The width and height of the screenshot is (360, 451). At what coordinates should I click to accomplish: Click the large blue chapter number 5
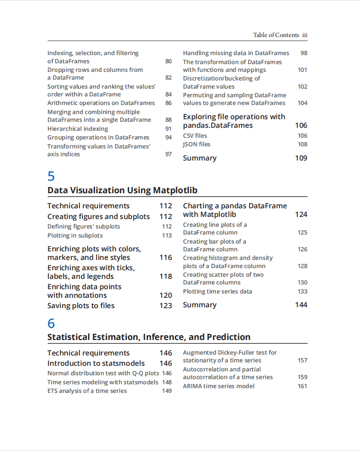(x=51, y=176)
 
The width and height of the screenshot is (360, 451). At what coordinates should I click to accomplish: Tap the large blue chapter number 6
(x=51, y=323)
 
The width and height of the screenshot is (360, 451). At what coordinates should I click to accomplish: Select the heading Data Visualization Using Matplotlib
(x=122, y=190)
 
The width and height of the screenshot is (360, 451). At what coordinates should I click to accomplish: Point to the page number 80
(x=168, y=61)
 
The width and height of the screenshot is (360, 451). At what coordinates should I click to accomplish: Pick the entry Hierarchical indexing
(x=78, y=129)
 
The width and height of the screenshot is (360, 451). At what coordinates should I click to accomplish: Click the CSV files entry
(x=195, y=136)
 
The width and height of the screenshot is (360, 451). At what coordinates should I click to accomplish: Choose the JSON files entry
(x=196, y=144)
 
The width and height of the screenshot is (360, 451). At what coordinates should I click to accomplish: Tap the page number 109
(x=301, y=158)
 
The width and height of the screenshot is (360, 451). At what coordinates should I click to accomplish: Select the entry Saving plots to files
(x=81, y=306)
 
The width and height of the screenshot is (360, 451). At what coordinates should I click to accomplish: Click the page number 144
(x=301, y=305)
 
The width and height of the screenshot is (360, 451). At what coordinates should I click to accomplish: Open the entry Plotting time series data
(x=217, y=291)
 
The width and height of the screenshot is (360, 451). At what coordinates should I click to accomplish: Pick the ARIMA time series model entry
(x=218, y=386)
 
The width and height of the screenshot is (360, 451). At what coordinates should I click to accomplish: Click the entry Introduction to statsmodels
(x=96, y=363)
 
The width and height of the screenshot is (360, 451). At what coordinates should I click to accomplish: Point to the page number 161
(x=302, y=386)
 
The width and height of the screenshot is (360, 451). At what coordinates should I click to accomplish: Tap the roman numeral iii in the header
(x=304, y=35)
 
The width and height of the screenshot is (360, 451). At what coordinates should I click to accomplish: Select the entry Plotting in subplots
(x=75, y=235)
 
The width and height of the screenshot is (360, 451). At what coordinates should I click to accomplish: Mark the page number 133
(x=302, y=291)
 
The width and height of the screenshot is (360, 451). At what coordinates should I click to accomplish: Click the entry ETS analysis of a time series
(x=87, y=391)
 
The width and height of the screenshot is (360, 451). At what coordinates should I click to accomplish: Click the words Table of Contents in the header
(x=276, y=35)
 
